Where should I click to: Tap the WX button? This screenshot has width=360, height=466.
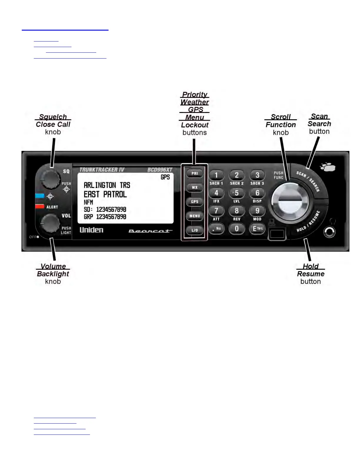point(195,187)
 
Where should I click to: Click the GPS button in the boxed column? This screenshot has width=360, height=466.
point(195,202)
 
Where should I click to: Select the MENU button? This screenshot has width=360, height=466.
point(195,216)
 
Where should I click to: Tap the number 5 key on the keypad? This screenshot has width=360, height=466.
point(236,193)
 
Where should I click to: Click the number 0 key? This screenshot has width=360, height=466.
point(236,228)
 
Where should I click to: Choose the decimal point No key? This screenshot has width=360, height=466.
point(216,228)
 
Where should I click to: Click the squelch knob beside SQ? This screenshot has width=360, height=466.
point(50,179)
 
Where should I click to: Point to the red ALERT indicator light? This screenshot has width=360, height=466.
point(40,207)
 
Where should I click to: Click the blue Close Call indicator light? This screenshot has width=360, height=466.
point(40,196)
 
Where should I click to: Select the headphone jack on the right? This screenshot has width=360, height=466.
point(329,232)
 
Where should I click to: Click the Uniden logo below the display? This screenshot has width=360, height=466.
point(91,230)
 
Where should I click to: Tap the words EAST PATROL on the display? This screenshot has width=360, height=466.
point(105,194)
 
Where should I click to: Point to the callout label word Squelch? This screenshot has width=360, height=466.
point(53,117)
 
